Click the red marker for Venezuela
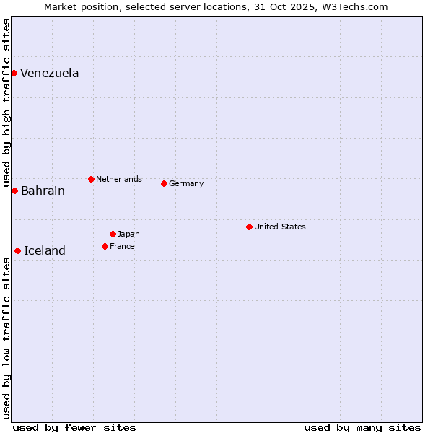[14, 73]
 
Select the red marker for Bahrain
[14, 191]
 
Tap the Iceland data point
[17, 250]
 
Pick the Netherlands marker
[91, 179]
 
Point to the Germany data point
[164, 183]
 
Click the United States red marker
[249, 227]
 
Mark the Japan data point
[113, 234]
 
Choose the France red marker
[105, 246]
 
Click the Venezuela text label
[50, 74]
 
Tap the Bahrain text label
[43, 191]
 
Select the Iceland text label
[45, 251]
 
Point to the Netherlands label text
[119, 179]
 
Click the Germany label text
[186, 183]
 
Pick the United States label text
[280, 227]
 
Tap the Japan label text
[128, 234]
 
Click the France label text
[122, 246]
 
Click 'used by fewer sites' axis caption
[74, 427]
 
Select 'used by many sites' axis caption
[362, 427]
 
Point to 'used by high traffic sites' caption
[6, 101]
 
